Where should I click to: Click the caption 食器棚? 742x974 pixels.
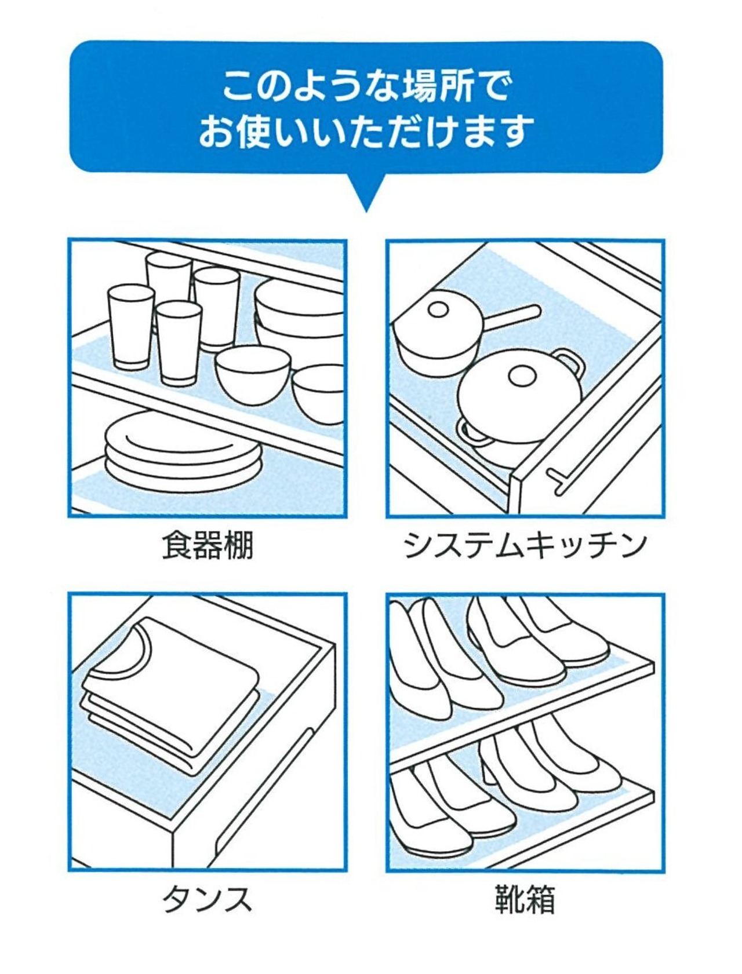click(208, 545)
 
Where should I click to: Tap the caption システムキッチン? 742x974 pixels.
click(525, 545)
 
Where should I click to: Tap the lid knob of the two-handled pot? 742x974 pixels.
click(521, 377)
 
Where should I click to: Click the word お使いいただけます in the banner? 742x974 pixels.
click(365, 132)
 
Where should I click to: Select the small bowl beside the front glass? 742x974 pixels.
click(253, 374)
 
